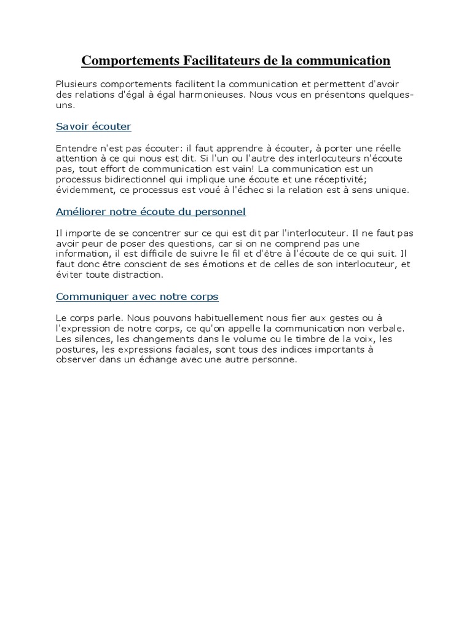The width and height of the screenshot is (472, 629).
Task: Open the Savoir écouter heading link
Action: coord(93,127)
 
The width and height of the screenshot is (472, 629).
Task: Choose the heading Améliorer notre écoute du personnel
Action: coord(151,212)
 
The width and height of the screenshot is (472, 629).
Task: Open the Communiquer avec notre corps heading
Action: coord(137,297)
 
